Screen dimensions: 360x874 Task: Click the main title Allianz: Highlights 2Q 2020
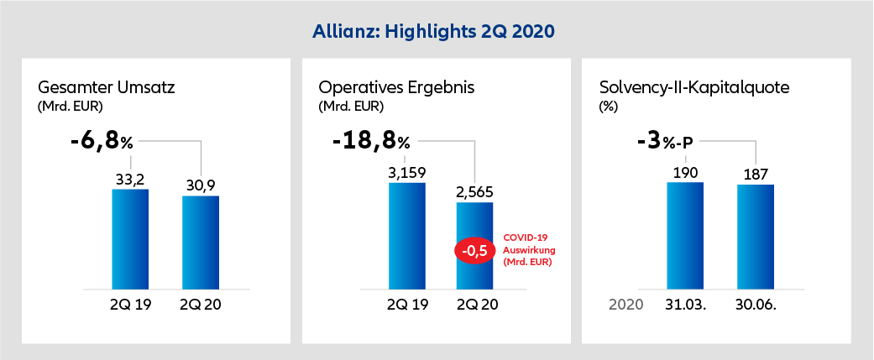point(436,31)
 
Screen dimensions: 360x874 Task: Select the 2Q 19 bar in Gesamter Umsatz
point(130,238)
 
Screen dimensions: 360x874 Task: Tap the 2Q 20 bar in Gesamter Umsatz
point(201,243)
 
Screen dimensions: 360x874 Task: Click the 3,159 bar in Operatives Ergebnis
point(407,235)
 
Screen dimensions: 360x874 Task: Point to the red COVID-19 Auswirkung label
point(529,250)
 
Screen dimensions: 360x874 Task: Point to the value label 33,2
point(130,179)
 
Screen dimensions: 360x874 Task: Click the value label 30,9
point(201,185)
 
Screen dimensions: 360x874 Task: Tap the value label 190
point(685,172)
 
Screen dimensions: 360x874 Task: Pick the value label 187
point(756,175)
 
